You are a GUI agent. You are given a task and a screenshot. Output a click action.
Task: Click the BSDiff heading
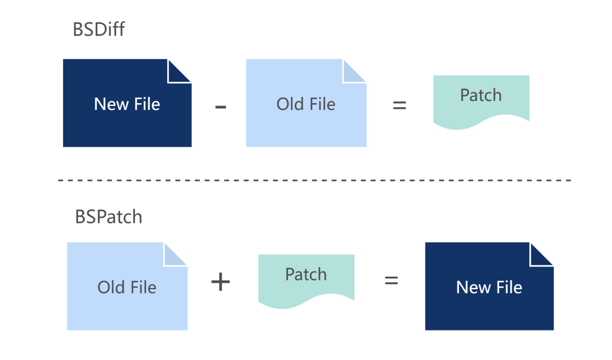tap(99, 29)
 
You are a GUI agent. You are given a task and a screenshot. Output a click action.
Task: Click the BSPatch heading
tap(109, 217)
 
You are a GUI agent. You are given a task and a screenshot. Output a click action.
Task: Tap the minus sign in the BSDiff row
tap(221, 106)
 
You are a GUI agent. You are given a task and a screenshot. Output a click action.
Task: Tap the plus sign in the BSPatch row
tap(220, 282)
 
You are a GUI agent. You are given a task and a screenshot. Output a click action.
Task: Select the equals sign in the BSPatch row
tap(391, 280)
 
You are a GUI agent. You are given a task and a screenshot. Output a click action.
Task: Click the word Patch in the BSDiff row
tap(481, 95)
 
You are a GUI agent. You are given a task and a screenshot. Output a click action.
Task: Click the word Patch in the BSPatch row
tap(306, 274)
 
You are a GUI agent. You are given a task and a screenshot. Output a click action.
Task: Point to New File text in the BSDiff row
tap(127, 104)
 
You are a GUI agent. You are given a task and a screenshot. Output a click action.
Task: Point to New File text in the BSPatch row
tap(489, 287)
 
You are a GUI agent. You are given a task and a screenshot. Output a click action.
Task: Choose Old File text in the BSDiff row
tap(306, 104)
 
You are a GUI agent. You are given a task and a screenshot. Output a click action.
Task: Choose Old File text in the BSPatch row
tap(127, 287)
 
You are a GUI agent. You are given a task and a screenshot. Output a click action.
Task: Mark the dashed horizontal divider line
tap(314, 180)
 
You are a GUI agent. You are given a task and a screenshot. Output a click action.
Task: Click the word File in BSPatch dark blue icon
tap(506, 287)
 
